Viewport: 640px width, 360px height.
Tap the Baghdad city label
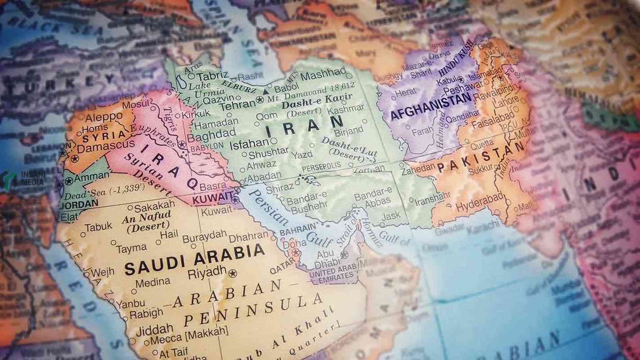pos(211,133)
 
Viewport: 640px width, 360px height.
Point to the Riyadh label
pos(207,271)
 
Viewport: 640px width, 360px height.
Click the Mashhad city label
pos(323,74)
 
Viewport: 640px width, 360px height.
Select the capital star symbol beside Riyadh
pos(232,273)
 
